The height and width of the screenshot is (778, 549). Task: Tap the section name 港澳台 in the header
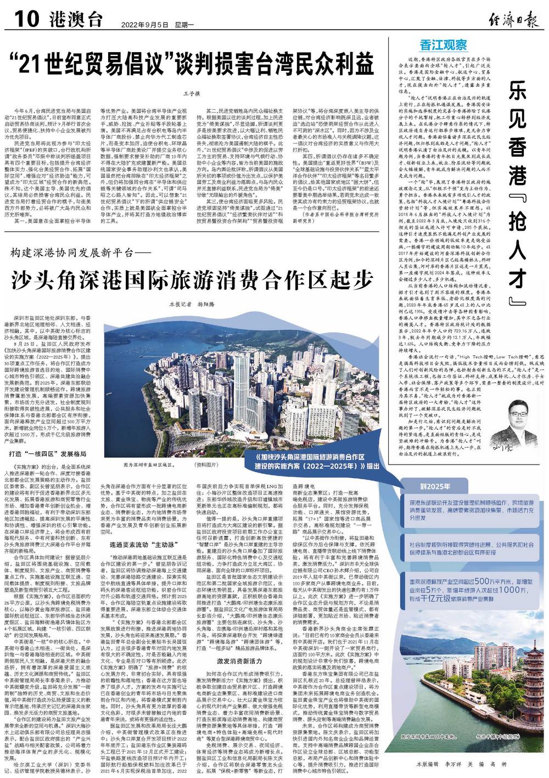point(77,20)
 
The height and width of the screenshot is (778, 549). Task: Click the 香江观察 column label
point(444,44)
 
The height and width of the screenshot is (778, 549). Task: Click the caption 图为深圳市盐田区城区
point(147,464)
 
